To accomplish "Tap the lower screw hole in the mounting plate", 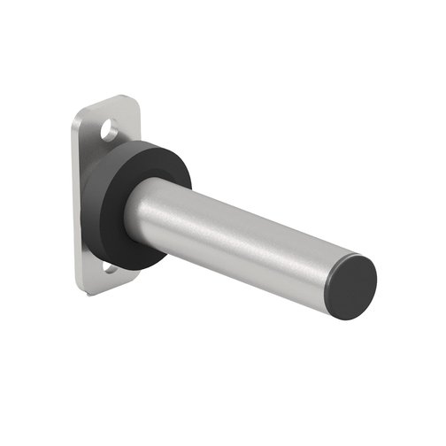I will coord(107,266).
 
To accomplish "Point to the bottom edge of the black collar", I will coord(133,266).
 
